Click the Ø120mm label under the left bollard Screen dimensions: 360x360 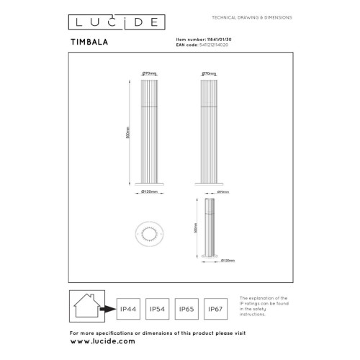coord(150,192)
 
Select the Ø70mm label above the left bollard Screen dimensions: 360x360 coord(150,73)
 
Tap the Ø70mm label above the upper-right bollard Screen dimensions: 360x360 coord(210,73)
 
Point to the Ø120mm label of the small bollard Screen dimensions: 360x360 coord(228,260)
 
